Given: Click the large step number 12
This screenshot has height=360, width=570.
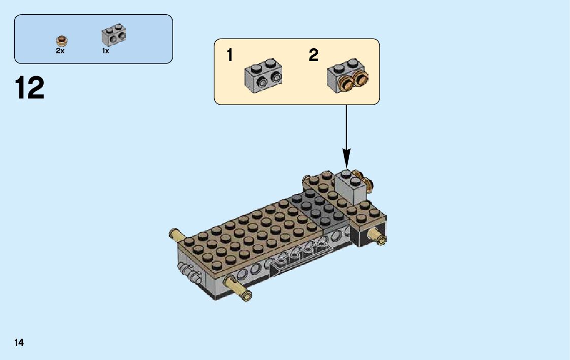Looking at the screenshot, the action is pos(30,88).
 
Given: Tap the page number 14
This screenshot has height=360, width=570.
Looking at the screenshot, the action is pos(19,342).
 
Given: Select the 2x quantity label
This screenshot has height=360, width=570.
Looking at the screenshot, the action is pos(60,51).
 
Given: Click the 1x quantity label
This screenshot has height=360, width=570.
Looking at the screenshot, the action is pos(106,51).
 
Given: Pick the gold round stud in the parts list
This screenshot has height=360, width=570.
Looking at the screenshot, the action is pos(62,40).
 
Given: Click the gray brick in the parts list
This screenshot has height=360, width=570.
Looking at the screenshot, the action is pos(114,35).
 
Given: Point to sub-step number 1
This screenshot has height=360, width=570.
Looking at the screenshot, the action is pos(230,55).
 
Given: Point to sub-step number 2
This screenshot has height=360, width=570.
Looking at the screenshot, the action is pos(314,55).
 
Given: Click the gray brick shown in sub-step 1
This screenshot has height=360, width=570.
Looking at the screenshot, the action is pos(263,75).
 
